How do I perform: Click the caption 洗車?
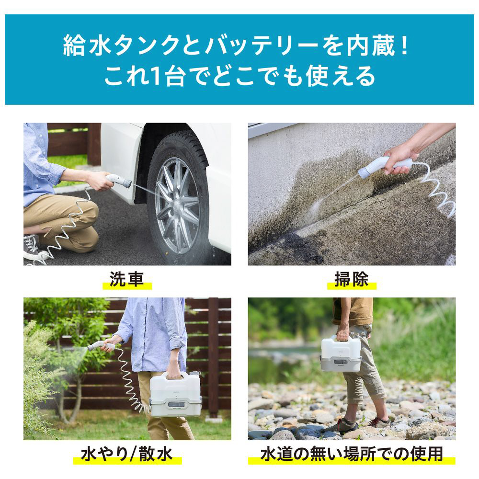pyautogui.click(x=126, y=279)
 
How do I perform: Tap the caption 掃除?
pyautogui.click(x=351, y=279)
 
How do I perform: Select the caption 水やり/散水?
pyautogui.click(x=127, y=454)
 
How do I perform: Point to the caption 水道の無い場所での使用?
pyautogui.click(x=352, y=454)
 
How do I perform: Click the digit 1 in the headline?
pyautogui.click(x=155, y=76)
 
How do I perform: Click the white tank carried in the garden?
pyautogui.click(x=175, y=394)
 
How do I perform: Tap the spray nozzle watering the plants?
pyautogui.click(x=100, y=345)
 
